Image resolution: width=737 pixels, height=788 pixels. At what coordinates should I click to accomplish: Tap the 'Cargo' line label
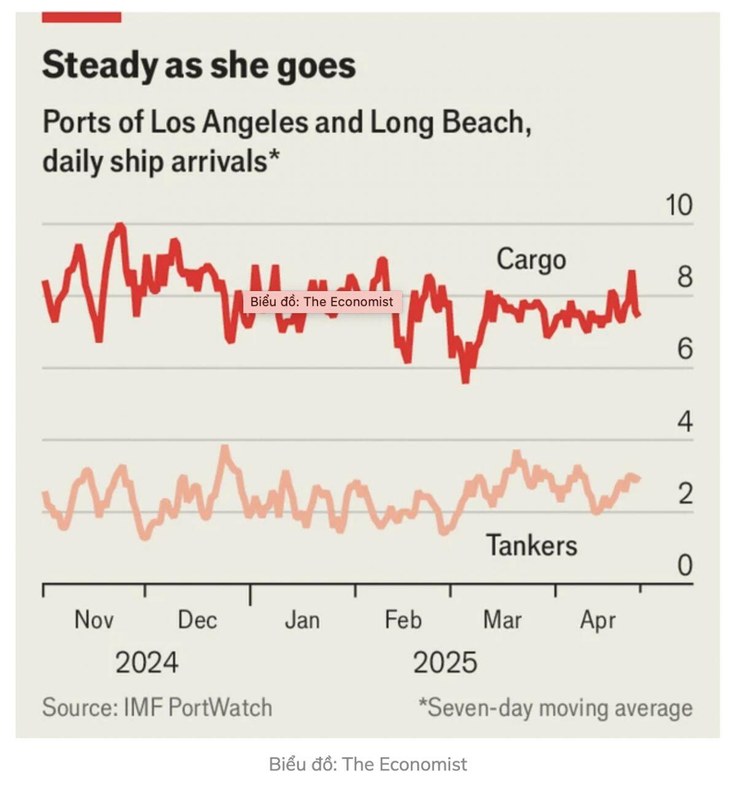tap(531, 260)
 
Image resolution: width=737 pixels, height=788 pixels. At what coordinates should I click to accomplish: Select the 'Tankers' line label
tap(532, 545)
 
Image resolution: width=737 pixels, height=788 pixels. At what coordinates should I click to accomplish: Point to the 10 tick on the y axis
tap(679, 205)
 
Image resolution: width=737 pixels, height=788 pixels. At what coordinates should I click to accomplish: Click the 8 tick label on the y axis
tap(685, 277)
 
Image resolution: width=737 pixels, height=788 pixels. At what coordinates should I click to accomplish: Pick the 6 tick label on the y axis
tap(685, 349)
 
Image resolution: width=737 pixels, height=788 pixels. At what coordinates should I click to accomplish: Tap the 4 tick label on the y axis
tap(685, 421)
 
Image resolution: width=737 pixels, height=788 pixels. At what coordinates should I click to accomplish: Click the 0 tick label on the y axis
tap(685, 565)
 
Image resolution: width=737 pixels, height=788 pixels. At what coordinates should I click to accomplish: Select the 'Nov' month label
tap(94, 619)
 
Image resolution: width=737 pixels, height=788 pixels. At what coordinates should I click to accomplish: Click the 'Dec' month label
tap(197, 619)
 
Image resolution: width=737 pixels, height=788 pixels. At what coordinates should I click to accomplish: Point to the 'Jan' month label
tap(302, 620)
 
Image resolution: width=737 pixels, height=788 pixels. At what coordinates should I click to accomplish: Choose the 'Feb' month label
tap(403, 619)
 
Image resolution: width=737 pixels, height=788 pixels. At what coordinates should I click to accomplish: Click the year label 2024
tap(147, 662)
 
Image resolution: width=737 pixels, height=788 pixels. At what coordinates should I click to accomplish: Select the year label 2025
tap(445, 662)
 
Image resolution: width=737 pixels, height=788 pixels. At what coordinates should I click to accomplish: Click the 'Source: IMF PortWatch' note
tap(157, 708)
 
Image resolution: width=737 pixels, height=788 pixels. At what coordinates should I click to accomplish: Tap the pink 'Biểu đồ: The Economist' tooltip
tap(322, 302)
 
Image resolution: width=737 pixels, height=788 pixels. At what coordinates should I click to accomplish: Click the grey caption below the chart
tap(368, 764)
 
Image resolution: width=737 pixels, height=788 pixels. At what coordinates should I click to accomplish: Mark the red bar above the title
tap(81, 17)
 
